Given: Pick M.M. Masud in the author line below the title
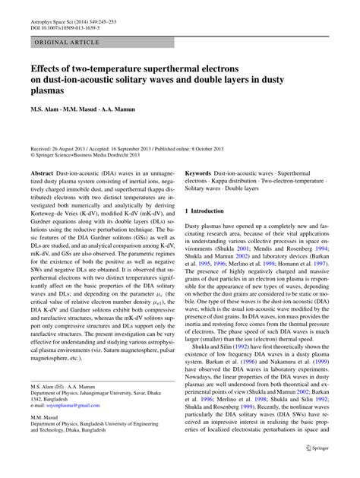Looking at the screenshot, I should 83,109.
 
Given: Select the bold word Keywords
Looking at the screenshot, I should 201,173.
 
